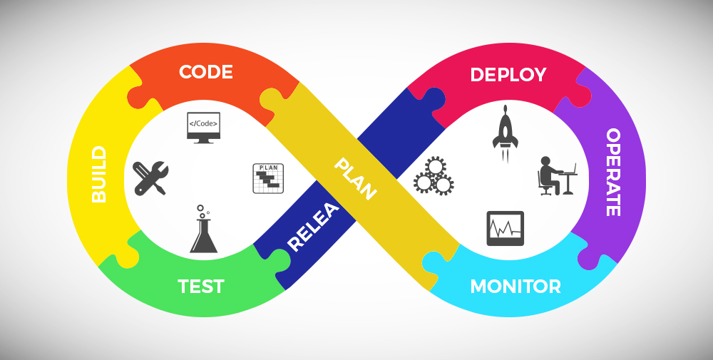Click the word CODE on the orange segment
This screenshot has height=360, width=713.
click(206, 72)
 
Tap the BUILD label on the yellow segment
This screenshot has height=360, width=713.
click(99, 174)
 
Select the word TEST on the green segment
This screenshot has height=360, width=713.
click(201, 287)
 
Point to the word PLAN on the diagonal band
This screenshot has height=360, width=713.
click(355, 179)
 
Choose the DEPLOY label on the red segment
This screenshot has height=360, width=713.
click(508, 75)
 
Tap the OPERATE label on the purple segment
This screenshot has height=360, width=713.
click(612, 173)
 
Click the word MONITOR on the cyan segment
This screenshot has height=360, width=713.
click(515, 287)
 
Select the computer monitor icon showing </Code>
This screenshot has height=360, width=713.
click(203, 125)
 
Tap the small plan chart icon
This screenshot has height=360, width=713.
click(268, 178)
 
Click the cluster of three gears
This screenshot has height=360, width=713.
click(434, 177)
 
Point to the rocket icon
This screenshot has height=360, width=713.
click(505, 128)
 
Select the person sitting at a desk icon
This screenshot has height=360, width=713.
click(556, 176)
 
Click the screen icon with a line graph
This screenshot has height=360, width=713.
click(505, 228)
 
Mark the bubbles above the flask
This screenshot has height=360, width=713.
click(202, 211)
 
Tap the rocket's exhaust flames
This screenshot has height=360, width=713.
click(505, 155)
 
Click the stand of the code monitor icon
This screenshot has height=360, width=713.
click(203, 140)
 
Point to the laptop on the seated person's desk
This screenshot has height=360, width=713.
click(569, 170)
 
